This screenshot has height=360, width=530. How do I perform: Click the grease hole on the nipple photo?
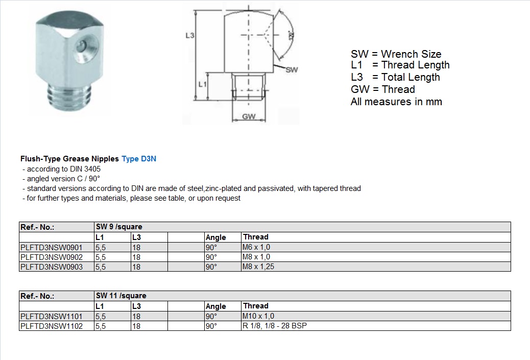81,47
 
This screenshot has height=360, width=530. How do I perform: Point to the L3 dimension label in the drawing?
189,36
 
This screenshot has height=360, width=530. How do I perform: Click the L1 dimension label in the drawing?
202,84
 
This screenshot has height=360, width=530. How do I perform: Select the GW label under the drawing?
249,117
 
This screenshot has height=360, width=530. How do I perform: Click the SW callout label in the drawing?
292,70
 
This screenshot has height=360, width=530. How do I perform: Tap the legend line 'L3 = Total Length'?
395,77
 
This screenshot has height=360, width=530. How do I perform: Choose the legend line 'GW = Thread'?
382,89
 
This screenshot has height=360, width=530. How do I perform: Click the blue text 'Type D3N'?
139,159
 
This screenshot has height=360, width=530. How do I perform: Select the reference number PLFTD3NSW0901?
51,248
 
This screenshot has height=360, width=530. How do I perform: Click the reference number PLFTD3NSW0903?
51,267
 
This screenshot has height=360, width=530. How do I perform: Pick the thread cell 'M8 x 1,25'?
259,267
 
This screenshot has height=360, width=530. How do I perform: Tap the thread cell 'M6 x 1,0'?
256,248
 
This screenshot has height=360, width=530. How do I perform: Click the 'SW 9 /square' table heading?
119,227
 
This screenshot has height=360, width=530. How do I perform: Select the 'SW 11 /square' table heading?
121,296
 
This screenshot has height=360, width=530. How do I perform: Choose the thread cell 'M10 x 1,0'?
258,317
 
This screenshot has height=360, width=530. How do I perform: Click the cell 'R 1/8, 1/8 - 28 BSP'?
275,326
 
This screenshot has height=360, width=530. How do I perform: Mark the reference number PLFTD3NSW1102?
51,326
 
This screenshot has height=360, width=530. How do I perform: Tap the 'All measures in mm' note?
396,102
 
